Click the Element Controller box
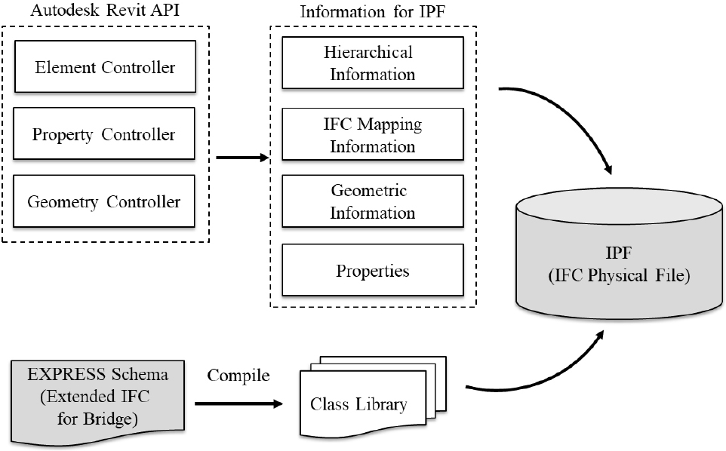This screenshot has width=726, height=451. (105, 67)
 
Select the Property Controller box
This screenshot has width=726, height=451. (105, 135)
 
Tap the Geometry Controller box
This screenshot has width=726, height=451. (105, 201)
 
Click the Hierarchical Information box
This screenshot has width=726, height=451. (371, 63)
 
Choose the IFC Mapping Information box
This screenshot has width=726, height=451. (371, 134)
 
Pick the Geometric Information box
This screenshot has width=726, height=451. (371, 201)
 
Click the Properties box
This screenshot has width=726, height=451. (371, 269)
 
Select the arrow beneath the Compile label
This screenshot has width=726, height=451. (238, 404)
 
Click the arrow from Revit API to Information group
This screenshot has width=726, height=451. (242, 158)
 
